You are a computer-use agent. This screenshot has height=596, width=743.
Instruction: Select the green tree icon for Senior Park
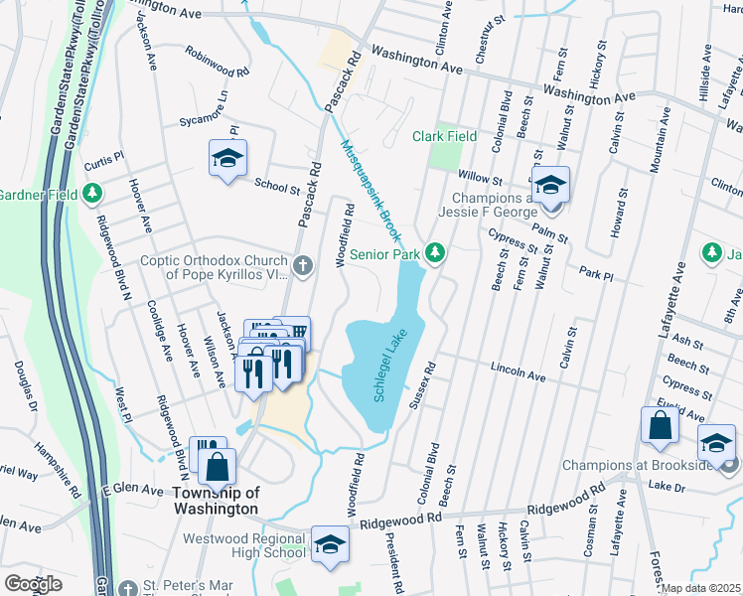coord(434,253)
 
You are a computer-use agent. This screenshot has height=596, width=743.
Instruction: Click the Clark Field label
coord(445,136)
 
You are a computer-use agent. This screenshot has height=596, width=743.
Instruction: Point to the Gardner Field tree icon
coord(92,193)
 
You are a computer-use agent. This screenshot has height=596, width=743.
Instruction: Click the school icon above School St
coord(227,158)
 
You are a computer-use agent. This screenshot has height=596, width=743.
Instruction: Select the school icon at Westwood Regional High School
coord(330,543)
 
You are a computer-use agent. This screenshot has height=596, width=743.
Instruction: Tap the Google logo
coord(33,583)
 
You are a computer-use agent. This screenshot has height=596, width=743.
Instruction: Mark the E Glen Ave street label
coord(131,490)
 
